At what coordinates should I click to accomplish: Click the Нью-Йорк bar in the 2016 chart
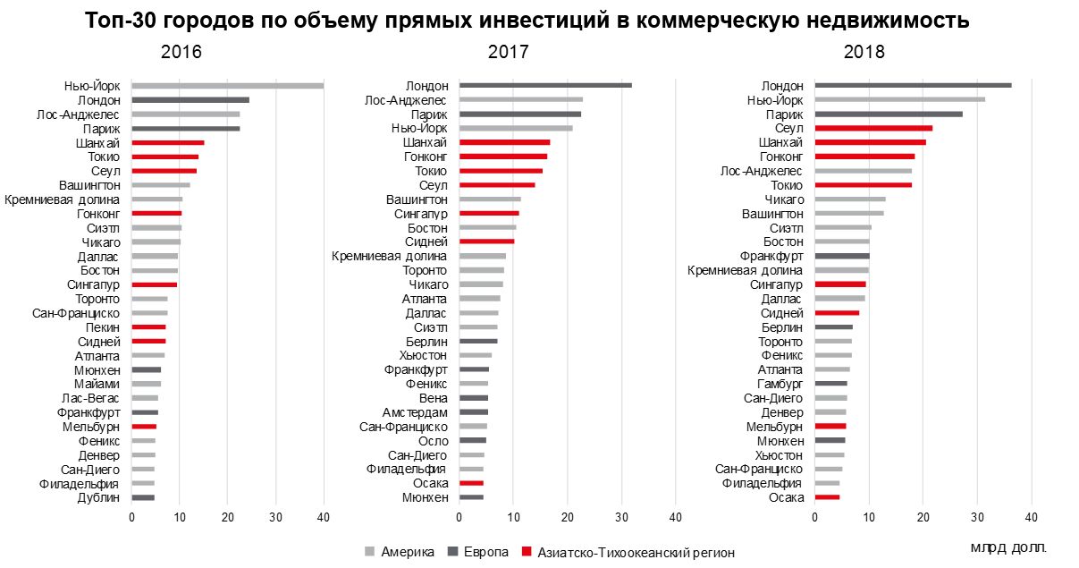click(227, 86)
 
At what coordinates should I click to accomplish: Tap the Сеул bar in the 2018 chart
click(873, 128)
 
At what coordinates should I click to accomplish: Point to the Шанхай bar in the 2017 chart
click(504, 142)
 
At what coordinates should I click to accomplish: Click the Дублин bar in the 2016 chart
click(143, 497)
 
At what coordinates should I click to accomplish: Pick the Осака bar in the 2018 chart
click(827, 497)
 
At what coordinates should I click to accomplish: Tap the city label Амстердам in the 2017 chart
click(416, 411)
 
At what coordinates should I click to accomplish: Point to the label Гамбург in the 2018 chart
click(780, 383)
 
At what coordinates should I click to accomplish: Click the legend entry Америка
click(407, 552)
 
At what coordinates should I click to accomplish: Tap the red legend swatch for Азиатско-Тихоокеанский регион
click(526, 552)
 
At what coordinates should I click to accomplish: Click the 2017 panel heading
click(508, 52)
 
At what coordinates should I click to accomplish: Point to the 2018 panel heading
click(864, 52)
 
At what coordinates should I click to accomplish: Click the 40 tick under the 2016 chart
click(324, 518)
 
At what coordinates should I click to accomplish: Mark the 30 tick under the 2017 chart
click(621, 518)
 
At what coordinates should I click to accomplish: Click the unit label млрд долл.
click(1007, 546)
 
